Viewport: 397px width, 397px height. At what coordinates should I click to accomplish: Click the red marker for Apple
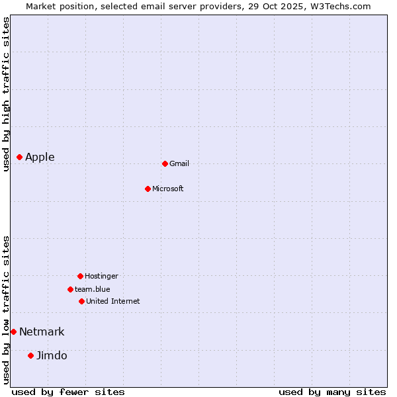(20, 157)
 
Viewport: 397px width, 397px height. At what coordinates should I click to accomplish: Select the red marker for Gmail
(165, 163)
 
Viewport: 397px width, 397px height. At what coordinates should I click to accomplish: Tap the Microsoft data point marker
(148, 189)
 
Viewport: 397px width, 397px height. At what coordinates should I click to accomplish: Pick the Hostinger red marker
(80, 276)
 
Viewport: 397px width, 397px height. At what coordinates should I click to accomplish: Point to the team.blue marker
(70, 289)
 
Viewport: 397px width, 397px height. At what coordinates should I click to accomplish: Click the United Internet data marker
(81, 301)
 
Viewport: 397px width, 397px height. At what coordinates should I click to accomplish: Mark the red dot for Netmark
(13, 331)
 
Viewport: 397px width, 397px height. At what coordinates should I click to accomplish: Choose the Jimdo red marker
(30, 355)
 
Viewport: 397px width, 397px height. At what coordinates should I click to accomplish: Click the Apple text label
(40, 157)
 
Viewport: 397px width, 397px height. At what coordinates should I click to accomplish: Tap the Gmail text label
(179, 163)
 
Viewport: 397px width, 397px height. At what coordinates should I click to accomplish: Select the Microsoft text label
(168, 189)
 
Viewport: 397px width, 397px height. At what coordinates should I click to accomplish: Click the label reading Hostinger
(101, 276)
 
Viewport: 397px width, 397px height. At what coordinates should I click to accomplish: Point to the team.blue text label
(93, 289)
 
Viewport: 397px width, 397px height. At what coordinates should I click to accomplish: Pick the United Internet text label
(113, 301)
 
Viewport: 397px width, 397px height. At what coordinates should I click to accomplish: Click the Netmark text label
(42, 331)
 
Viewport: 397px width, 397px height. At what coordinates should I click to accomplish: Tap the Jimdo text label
(52, 355)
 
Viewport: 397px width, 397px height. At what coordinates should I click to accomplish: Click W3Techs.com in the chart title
(340, 6)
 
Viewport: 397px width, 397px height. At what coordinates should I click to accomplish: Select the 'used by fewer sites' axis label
(68, 392)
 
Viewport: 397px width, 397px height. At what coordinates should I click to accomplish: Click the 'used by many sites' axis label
(332, 392)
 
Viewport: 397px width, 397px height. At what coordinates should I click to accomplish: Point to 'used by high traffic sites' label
(6, 94)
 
